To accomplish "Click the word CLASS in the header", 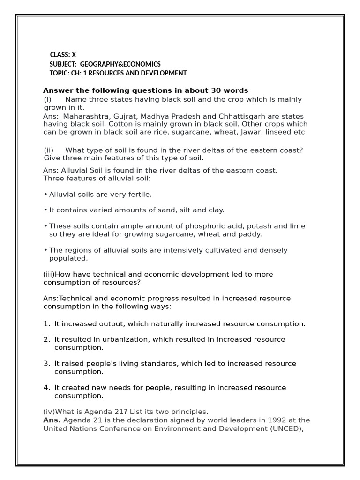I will click(x=60, y=55).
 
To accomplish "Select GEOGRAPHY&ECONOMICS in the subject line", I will click(x=120, y=64).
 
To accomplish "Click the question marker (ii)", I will click(x=49, y=150).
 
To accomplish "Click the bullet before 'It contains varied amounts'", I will click(x=45, y=210).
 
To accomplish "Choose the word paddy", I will click(x=250, y=234).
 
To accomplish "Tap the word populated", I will click(x=68, y=258).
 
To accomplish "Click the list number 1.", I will click(x=46, y=324).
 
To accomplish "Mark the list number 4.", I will click(x=46, y=388).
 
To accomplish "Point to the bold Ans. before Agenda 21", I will click(x=52, y=420).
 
